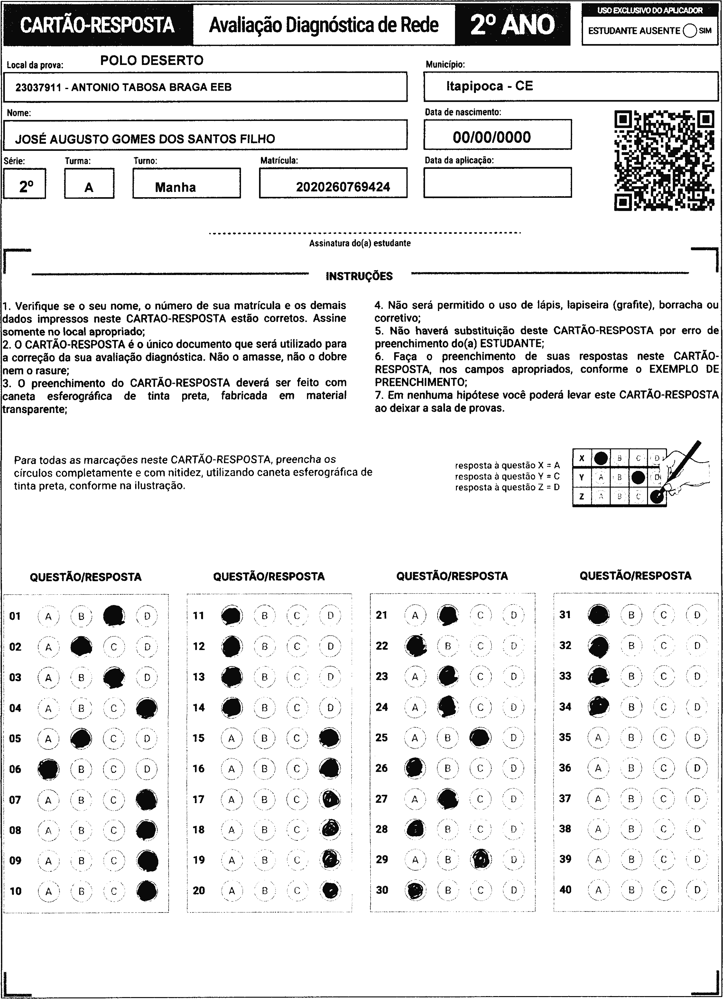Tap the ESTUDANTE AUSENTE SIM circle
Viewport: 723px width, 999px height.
690,31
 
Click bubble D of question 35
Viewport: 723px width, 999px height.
697,738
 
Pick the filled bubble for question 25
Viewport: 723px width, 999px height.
480,738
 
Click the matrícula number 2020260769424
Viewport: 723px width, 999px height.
343,187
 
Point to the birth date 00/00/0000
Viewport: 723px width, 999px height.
492,137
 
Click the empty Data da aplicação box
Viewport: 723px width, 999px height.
497,182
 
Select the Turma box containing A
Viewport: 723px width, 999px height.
89,184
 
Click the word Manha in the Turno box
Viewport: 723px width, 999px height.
175,188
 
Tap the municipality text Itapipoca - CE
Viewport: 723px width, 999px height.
489,86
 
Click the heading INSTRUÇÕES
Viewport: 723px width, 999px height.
359,277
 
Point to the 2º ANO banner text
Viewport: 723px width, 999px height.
512,25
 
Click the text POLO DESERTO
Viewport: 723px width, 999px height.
152,60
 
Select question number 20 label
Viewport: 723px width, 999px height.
199,890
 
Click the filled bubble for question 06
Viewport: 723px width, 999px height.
49,769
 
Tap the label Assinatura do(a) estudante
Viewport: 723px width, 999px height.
359,243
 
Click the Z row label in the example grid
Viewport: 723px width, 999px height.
581,496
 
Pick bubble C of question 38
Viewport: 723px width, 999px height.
663,829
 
